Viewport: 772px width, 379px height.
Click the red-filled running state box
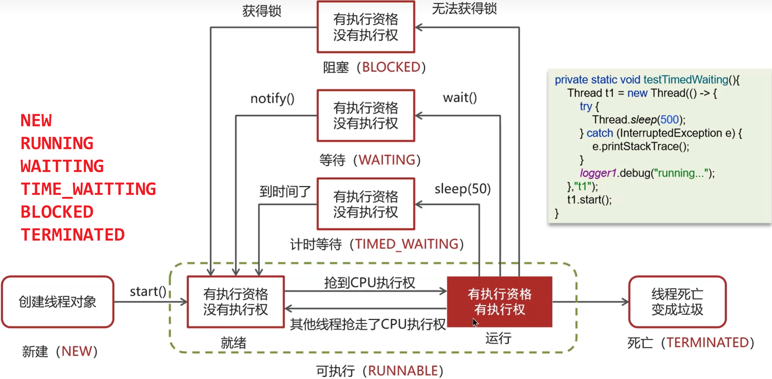tap(499, 301)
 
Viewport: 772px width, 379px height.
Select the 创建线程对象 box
tap(58, 302)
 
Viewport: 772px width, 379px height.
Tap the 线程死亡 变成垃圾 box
tap(677, 302)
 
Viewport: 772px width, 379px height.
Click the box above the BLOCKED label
tap(366, 27)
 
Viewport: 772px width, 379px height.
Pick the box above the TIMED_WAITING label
tap(366, 204)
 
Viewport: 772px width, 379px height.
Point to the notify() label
tap(272, 99)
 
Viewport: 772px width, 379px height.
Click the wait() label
tap(460, 98)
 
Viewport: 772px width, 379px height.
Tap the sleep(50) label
tap(462, 189)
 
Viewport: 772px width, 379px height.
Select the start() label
tap(148, 291)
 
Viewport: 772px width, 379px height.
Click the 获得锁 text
tap(261, 11)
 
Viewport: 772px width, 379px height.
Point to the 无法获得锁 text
tap(464, 9)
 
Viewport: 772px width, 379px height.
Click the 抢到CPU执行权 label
tap(369, 283)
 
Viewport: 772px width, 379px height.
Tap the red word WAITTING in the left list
tap(62, 166)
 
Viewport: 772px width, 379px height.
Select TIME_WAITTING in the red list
tap(88, 189)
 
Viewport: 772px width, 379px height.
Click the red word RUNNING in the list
tap(57, 143)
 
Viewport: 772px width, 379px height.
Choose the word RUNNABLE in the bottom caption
tap(403, 371)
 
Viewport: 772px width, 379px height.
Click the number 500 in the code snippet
tap(669, 120)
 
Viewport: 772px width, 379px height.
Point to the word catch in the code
tap(600, 133)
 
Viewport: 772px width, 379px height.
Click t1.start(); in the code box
tap(589, 200)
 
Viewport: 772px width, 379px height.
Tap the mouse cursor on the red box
tap(475, 322)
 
